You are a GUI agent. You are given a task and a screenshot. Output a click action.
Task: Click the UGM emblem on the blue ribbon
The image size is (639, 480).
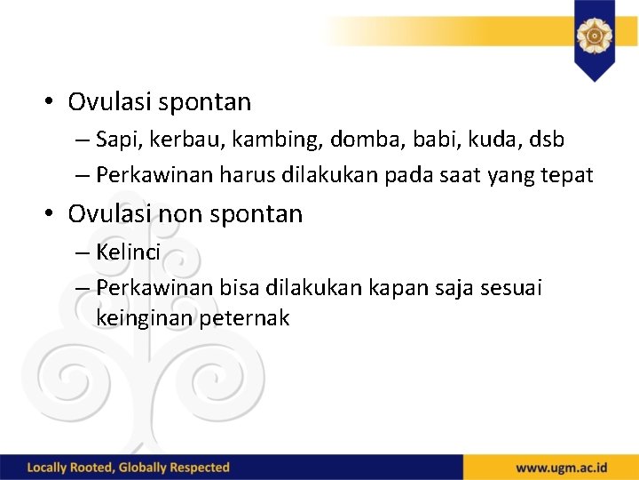[x=594, y=36]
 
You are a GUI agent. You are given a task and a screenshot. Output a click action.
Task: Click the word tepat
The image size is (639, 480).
[x=566, y=176]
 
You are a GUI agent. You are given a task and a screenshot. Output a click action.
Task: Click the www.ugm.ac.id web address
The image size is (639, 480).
[x=561, y=467]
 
